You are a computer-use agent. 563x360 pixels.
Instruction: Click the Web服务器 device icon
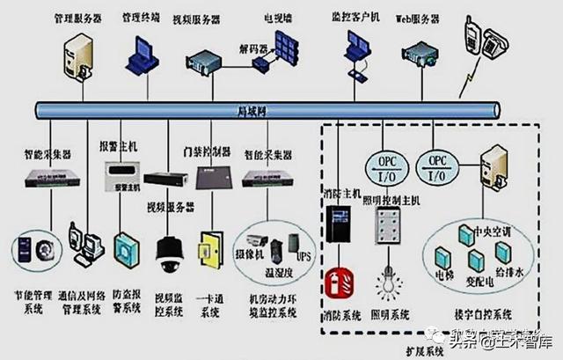(x=420, y=55)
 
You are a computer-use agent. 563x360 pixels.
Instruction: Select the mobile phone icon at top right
(x=474, y=38)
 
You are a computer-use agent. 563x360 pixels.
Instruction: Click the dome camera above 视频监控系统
(x=167, y=254)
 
